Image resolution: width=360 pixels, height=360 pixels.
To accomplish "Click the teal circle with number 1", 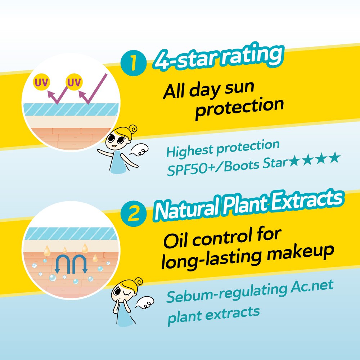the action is point(134,63).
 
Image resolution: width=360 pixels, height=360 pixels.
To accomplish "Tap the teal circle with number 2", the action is point(134,214).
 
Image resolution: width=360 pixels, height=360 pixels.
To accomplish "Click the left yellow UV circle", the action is point(41,82).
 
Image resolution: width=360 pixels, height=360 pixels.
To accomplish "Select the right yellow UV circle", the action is point(74,82).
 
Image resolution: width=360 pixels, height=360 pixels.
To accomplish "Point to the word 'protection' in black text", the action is point(239,108).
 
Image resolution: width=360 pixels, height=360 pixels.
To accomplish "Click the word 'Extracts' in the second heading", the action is point(308,200).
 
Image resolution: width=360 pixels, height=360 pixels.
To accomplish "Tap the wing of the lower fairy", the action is point(145,303).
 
